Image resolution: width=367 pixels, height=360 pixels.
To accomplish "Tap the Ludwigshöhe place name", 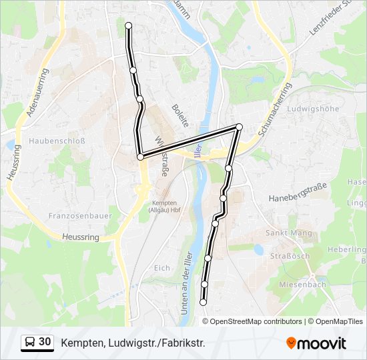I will click(312, 109).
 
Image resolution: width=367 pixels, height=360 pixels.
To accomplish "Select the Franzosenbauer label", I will click(75, 216).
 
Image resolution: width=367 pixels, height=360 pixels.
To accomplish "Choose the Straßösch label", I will click(290, 256).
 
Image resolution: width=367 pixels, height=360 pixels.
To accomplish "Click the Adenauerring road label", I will click(37, 92).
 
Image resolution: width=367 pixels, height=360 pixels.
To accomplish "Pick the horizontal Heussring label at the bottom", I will click(80, 237).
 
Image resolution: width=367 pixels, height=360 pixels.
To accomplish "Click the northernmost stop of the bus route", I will click(128, 26).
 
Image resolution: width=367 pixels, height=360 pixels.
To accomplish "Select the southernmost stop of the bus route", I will click(203, 302).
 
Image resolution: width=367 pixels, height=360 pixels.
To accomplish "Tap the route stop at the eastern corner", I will click(238, 127).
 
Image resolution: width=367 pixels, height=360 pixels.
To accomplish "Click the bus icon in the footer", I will click(30, 343).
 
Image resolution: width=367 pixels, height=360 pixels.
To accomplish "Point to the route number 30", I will click(45, 342).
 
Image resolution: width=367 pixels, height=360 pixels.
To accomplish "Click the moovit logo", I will click(316, 343).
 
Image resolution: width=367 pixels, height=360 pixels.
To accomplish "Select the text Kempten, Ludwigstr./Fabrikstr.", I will click(133, 343).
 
